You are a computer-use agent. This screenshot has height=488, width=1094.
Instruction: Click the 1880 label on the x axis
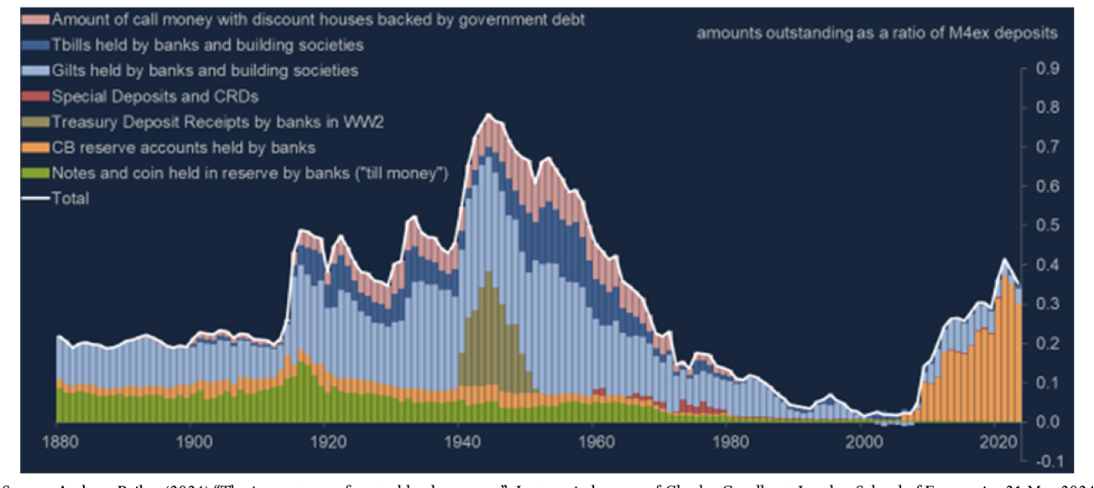click(57, 442)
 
